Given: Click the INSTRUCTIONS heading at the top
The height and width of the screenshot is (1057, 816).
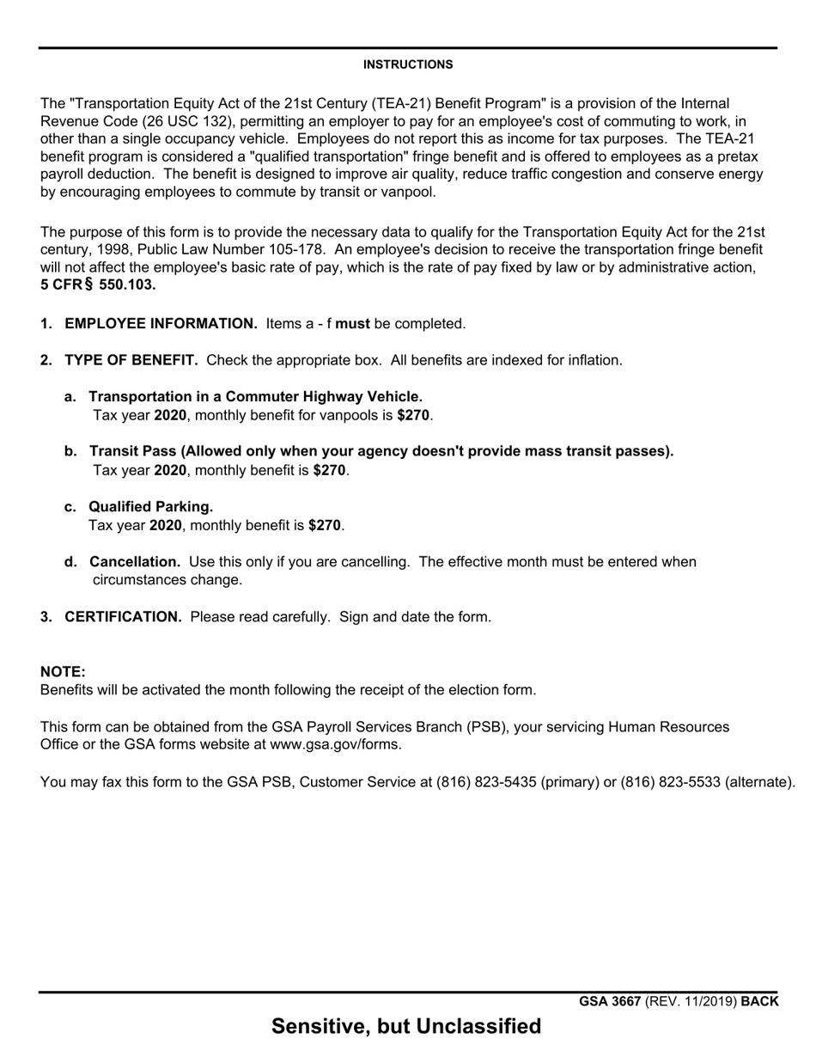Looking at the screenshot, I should point(408,64).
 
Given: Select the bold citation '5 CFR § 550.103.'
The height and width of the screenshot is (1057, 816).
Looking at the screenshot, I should point(98,285).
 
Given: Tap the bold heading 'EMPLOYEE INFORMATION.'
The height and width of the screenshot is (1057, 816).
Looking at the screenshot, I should point(161,324).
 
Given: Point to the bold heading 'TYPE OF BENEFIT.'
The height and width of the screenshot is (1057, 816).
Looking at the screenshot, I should point(131,360).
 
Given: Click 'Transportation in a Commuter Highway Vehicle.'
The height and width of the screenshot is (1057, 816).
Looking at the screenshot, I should point(255,396).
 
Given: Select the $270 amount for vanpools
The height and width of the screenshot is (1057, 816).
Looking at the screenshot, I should point(413,415).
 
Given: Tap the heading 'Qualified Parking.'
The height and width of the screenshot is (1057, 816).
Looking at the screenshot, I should point(150,506).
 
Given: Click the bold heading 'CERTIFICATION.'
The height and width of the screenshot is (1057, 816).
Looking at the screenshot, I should point(123,616).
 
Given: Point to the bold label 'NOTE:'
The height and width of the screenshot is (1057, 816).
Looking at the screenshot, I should point(63,672).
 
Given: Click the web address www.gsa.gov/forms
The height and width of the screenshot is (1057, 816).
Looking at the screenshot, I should point(334,744).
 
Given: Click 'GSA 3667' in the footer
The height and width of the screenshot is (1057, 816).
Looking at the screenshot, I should point(609,1001).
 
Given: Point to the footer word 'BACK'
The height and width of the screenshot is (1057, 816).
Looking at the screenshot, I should point(759,1001).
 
